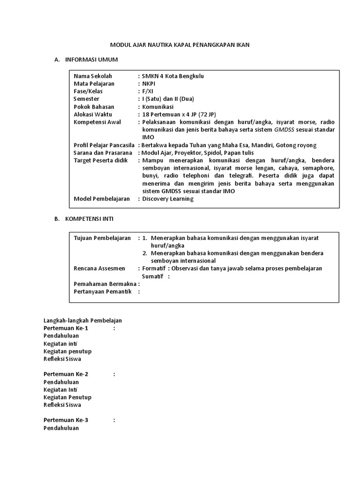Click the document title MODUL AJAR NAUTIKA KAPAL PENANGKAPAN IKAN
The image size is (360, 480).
[180, 45]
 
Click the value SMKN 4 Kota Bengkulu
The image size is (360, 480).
[173, 76]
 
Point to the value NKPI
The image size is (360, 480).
[149, 83]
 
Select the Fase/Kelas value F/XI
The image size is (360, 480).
[148, 91]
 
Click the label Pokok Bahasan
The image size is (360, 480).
[94, 107]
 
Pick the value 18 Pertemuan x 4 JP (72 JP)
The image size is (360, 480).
[176, 114]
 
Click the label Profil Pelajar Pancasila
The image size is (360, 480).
[104, 145]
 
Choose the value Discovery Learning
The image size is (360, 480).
[168, 199]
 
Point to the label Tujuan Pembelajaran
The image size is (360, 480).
[102, 238]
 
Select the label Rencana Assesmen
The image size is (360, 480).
[99, 269]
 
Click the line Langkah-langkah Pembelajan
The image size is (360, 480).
[82, 320]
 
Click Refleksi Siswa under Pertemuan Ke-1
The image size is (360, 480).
[62, 359]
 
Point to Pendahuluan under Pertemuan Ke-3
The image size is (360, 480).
[61, 428]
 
